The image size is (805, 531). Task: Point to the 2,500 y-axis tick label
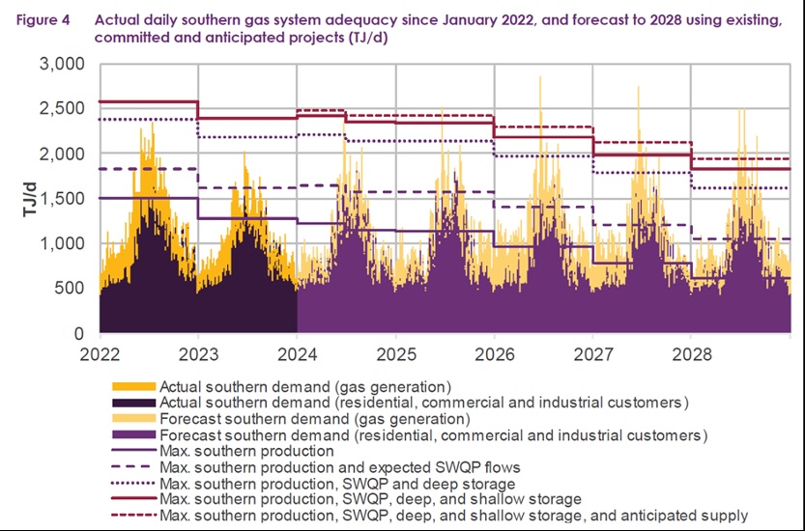pos(65,109)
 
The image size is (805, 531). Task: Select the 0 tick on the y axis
pos(84,333)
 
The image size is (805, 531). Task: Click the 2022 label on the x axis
pos(100,352)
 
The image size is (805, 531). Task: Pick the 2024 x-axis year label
pos(297,352)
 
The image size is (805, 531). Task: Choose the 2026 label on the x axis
pos(494,352)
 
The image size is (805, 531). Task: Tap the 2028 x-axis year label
pos(690,352)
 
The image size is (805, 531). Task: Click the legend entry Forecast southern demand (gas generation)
pos(315,419)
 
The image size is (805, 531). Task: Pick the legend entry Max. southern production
pos(247,451)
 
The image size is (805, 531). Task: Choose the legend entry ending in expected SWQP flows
pos(339,467)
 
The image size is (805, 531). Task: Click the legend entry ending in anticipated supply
pos(453,516)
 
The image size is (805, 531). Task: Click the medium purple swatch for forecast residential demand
pos(134,435)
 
